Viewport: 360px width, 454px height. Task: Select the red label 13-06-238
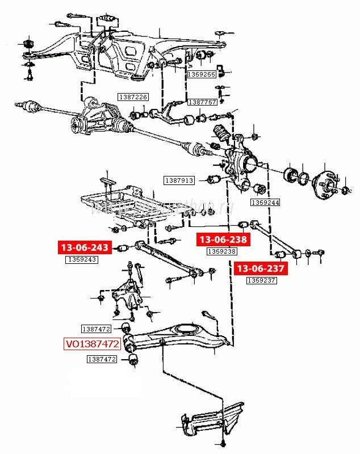coord(222,240)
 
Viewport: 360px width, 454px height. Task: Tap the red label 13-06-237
coord(262,268)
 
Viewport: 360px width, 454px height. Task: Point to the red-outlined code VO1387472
coord(92,344)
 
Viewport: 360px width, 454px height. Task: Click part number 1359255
coord(202,74)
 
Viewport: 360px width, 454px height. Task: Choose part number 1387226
coord(132,97)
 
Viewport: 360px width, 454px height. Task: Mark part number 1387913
coord(179,180)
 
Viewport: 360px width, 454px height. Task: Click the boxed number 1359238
coord(221,251)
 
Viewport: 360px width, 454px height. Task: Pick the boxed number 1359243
coord(82,259)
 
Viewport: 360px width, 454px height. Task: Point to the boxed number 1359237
coord(261,280)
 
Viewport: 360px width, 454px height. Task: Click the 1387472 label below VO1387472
coord(102,359)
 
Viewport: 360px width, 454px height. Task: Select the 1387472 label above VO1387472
coord(96,329)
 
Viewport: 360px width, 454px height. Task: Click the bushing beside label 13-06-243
coord(122,248)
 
